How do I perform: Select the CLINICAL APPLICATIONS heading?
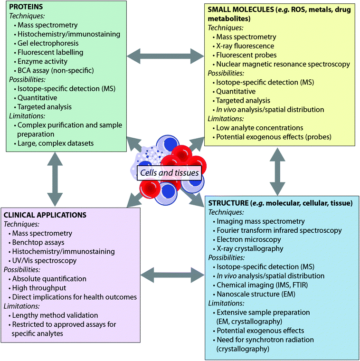[x=45, y=215]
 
